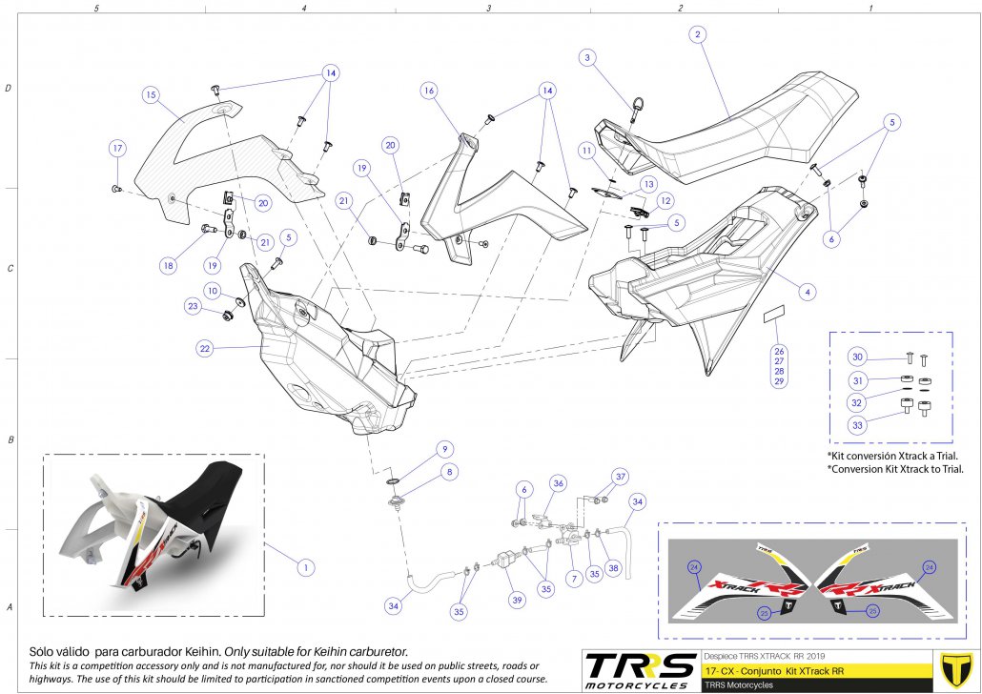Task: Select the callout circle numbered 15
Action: (151, 94)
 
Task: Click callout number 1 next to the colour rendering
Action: (305, 566)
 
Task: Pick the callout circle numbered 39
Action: (516, 599)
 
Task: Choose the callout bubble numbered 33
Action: (857, 424)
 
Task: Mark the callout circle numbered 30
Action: (857, 357)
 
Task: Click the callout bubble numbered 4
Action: (808, 292)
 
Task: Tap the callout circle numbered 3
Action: (589, 58)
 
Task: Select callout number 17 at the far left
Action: (116, 149)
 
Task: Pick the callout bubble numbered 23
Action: (193, 307)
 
